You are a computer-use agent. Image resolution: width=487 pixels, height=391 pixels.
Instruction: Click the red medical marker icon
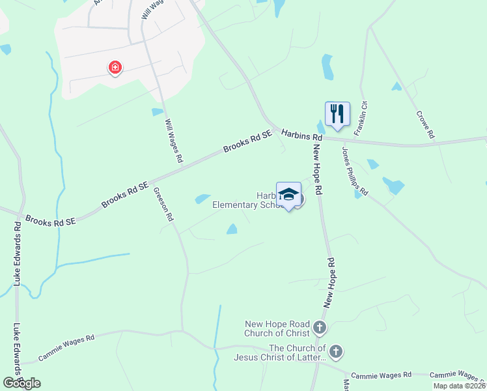pos(115,67)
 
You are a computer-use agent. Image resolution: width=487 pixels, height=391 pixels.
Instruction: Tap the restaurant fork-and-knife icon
pos(337,113)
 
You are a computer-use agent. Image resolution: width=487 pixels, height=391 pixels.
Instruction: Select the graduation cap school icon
pos(288,194)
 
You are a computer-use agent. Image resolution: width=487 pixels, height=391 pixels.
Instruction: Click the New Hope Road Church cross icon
pos(320,326)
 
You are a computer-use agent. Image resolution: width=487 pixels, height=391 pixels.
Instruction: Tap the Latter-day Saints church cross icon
pos(335,352)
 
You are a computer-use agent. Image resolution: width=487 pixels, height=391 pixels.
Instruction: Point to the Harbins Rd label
pos(302,136)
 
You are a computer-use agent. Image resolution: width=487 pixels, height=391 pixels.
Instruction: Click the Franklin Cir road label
pos(361,118)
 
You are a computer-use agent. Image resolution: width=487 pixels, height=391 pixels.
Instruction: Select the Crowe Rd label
pos(424,124)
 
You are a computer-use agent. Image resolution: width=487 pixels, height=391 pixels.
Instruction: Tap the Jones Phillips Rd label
pos(355,171)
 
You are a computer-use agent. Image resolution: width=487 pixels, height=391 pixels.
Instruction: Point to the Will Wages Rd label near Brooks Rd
pos(174,141)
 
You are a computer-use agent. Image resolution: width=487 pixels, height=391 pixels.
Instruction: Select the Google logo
pos(21,383)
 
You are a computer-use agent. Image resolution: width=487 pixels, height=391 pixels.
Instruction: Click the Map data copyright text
pos(460,386)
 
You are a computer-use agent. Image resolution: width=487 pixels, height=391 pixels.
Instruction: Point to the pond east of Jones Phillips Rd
pos(393,185)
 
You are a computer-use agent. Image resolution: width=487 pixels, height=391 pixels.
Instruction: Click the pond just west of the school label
pos(202,199)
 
